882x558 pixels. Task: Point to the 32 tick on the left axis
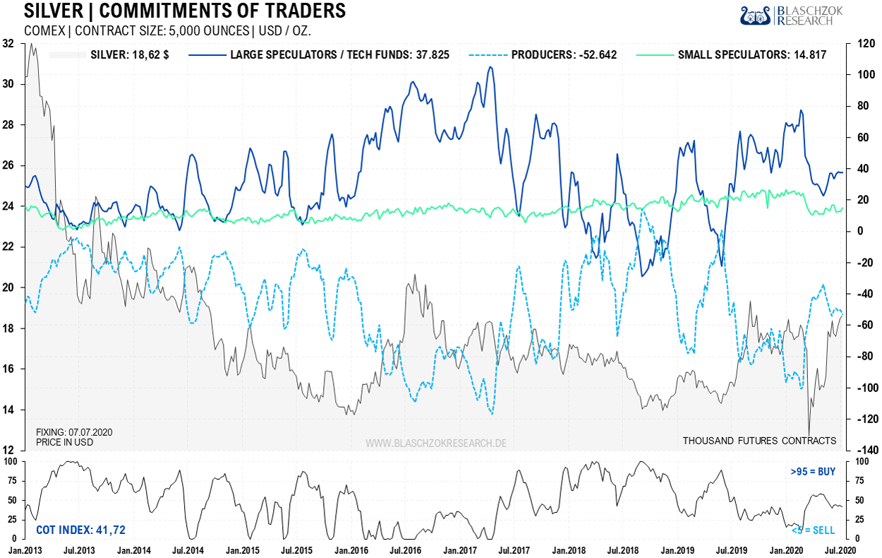click(9, 44)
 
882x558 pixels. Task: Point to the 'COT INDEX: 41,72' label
click(80, 530)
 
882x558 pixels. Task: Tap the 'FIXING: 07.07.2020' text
click(74, 432)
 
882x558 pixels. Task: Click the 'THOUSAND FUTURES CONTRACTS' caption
click(759, 441)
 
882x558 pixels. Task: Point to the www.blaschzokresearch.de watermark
click(435, 443)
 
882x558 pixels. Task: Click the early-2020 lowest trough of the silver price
click(809, 434)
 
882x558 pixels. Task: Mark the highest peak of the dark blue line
click(490, 67)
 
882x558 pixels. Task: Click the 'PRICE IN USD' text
click(64, 442)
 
